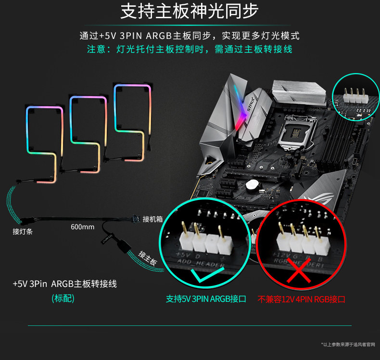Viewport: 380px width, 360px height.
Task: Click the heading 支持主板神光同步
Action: [190, 11]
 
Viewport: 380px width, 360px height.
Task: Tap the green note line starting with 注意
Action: [190, 49]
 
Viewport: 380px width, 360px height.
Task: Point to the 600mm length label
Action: [83, 226]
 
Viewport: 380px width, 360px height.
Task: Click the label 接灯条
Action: [23, 232]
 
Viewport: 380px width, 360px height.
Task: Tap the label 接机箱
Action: [152, 219]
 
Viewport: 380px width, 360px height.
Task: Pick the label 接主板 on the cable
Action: [147, 258]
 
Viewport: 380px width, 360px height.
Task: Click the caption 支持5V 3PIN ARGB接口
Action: [206, 299]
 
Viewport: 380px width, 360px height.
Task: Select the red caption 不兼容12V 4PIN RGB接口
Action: [302, 299]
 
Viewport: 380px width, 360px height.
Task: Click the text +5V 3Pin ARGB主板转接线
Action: [64, 284]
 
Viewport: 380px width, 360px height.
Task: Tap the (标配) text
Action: [63, 298]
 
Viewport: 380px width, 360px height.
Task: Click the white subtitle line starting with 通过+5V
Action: [190, 36]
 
